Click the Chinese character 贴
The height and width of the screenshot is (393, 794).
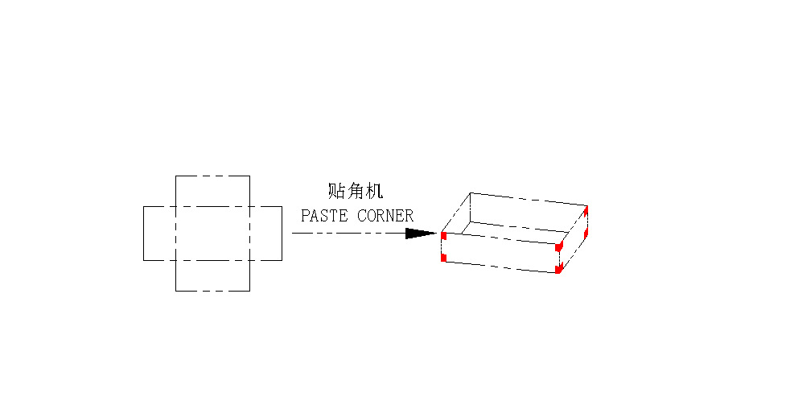tap(336, 191)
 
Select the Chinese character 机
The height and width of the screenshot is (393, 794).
tap(374, 191)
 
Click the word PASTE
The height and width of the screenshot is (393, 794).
tap(324, 216)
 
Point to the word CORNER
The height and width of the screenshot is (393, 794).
tap(385, 216)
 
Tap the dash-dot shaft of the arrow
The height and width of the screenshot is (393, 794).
tap(349, 234)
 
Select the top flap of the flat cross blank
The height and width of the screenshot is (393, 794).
tap(212, 191)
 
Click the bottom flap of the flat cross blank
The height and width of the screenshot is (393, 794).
tap(212, 276)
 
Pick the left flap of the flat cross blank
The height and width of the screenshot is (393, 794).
tap(159, 234)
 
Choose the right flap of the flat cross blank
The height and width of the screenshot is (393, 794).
tap(265, 234)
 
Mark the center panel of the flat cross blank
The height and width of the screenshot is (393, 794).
tap(212, 234)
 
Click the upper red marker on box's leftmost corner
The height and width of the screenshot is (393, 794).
tap(443, 236)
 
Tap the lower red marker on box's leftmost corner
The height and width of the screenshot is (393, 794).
tap(443, 258)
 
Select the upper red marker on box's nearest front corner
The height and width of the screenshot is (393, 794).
tap(558, 247)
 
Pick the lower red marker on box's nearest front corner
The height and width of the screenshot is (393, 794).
tap(558, 269)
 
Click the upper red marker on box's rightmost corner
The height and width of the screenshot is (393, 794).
tap(586, 210)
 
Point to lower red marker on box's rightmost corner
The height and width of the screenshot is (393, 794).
tap(586, 234)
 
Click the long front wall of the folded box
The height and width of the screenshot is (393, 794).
tap(501, 253)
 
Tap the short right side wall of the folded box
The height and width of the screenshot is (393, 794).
tap(573, 239)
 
